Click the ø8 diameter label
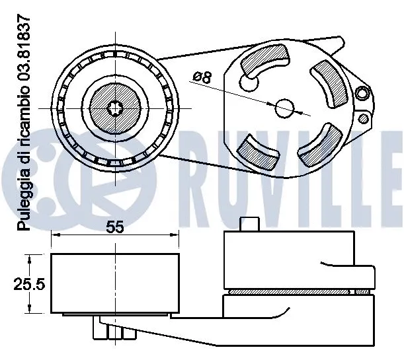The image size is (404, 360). point(202,77)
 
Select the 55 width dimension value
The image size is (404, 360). point(115,227)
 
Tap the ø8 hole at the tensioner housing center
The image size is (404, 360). point(284,107)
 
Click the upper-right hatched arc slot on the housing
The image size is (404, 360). point(330,85)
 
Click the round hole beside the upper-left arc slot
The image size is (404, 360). point(248,83)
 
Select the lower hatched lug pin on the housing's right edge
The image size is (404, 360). point(362,119)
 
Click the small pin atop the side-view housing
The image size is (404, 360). point(248,225)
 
